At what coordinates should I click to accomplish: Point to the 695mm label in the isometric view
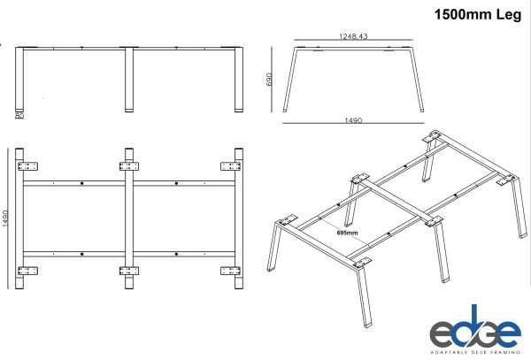(x=349, y=234)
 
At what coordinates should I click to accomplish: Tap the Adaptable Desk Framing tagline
(x=474, y=352)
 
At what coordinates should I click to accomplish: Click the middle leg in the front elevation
(x=129, y=80)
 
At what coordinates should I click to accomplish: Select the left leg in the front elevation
(x=19, y=80)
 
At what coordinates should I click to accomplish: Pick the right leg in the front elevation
(x=238, y=80)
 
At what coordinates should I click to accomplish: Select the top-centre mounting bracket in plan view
(x=129, y=165)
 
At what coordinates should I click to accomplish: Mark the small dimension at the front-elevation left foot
(x=18, y=114)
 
